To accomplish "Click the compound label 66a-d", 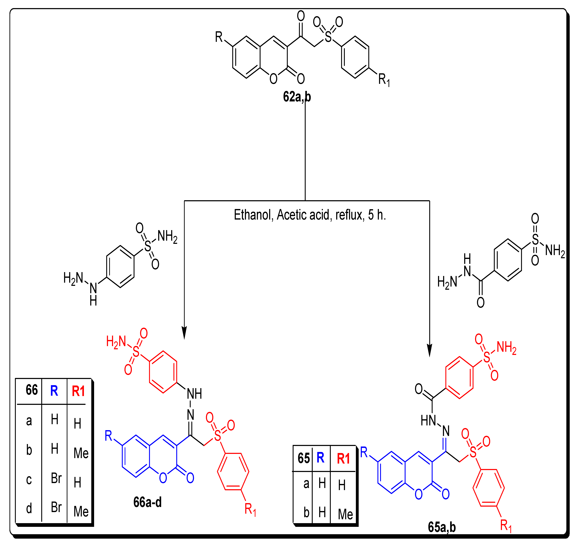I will coord(147,502).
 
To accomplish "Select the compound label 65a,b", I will coord(442,527).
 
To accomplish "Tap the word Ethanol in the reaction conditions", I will coord(252,215).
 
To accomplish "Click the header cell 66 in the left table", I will coord(31,390).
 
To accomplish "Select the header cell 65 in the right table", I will coord(304,458).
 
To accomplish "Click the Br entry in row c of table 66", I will coord(56,478).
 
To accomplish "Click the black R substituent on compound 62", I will coord(219,37).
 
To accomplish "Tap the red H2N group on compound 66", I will coord(116,342).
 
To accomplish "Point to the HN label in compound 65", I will coord(428,421).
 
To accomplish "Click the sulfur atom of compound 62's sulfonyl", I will coord(328,37).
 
